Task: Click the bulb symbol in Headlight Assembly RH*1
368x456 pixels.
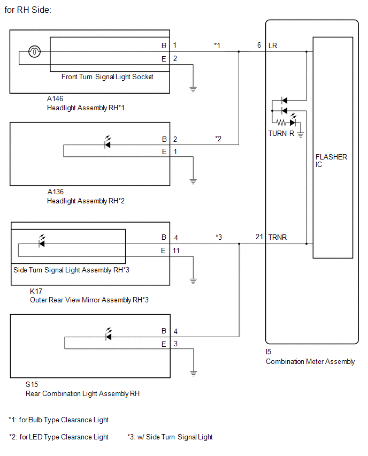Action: coord(34,52)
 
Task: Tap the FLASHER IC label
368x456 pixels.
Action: coord(331,161)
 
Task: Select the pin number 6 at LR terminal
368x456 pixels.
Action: coord(259,45)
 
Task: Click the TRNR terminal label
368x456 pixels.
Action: coord(277,237)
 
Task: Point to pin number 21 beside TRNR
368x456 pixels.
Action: coord(259,237)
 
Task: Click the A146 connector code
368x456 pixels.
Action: coord(55,98)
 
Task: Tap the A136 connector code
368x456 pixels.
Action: coord(55,192)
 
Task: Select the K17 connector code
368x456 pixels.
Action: coord(36,291)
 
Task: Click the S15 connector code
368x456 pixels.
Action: coord(32,384)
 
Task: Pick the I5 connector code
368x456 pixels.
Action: coord(269,352)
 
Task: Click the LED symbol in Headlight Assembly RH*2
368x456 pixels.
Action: coord(108,142)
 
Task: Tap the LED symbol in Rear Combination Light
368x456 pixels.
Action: coord(109,335)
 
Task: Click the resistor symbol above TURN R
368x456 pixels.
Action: coord(281,123)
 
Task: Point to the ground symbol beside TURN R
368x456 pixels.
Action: coord(301,134)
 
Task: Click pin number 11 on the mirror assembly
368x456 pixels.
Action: coord(176,250)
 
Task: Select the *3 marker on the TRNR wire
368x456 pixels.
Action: coord(219,237)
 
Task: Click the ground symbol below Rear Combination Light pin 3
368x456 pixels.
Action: coord(193,374)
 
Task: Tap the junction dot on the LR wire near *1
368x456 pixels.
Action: coord(239,52)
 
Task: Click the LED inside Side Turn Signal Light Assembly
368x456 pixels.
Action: coord(42,241)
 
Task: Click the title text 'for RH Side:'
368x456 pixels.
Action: coord(28,10)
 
